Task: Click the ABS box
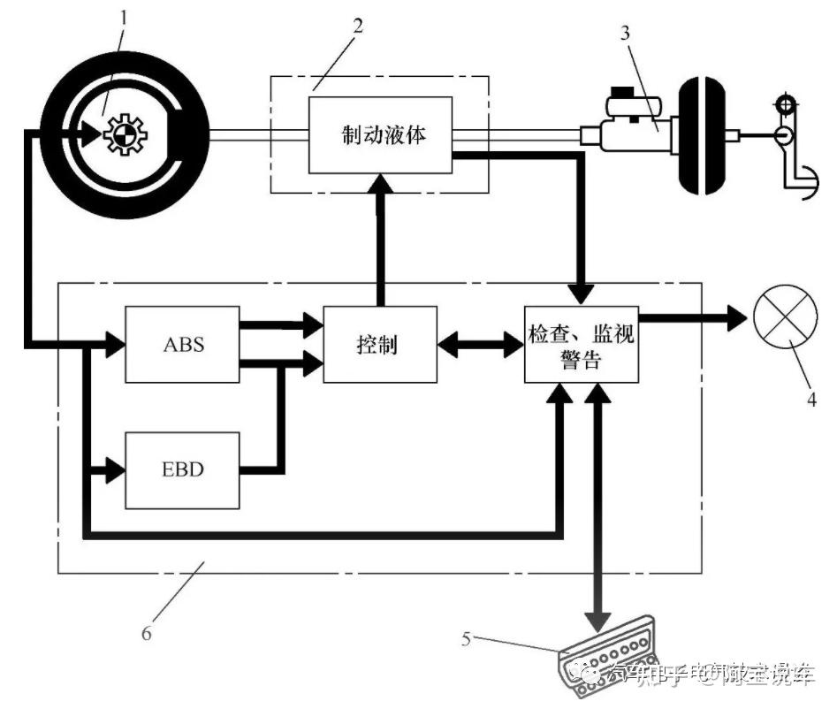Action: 182,344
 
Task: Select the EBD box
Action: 182,469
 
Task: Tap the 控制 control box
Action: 379,344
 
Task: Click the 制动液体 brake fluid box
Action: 380,136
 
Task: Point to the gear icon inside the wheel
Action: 121,135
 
